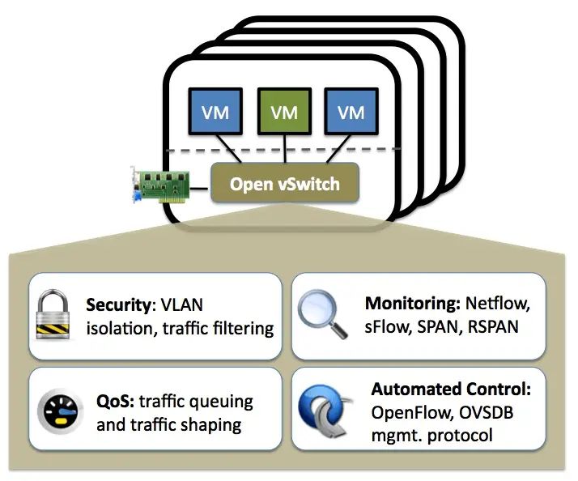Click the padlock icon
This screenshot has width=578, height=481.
pos(56,316)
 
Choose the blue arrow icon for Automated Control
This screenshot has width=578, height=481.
pos(322,411)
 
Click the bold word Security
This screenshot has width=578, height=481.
pos(120,306)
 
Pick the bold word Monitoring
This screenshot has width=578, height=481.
pos(412,304)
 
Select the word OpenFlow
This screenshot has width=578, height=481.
pos(410,414)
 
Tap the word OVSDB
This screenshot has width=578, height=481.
pos(485,414)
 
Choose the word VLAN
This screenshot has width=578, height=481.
pos(183,306)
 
